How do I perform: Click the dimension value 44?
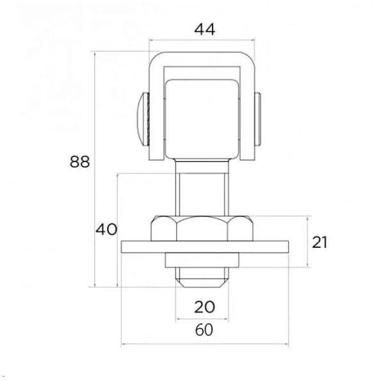click(205, 29)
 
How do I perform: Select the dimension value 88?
click(79, 161)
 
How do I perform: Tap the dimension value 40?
click(106, 229)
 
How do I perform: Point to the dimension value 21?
click(320, 242)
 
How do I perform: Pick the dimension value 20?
click(205, 307)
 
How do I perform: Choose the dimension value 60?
click(204, 330)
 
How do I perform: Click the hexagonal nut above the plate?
click(202, 229)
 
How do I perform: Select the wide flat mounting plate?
click(205, 247)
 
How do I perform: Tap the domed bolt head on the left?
click(143, 119)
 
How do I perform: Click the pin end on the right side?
click(257, 119)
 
